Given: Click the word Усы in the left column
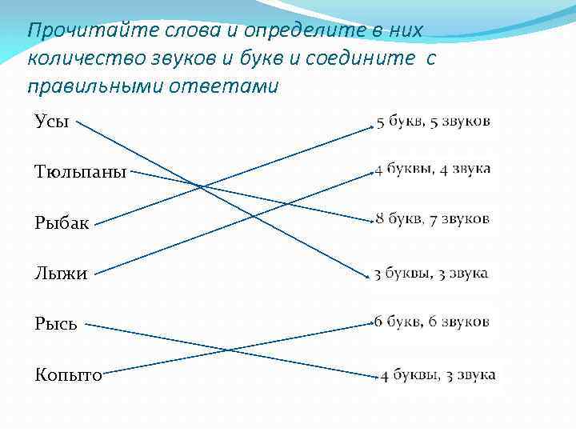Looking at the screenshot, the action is (52, 122).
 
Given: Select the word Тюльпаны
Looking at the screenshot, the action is (81, 172).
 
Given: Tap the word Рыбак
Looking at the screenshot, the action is (62, 222).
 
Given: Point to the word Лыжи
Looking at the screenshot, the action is (61, 274).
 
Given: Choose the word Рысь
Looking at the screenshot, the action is (56, 324).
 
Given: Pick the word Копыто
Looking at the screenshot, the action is (68, 374).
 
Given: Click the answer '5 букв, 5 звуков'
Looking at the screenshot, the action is (433, 122).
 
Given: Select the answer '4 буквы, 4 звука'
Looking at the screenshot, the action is (433, 170).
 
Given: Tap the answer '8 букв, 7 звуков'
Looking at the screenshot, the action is (433, 219).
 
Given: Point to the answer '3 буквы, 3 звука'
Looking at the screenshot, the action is (431, 274).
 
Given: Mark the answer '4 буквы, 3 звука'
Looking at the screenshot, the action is (438, 374).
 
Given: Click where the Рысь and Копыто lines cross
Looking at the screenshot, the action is (229, 350).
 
